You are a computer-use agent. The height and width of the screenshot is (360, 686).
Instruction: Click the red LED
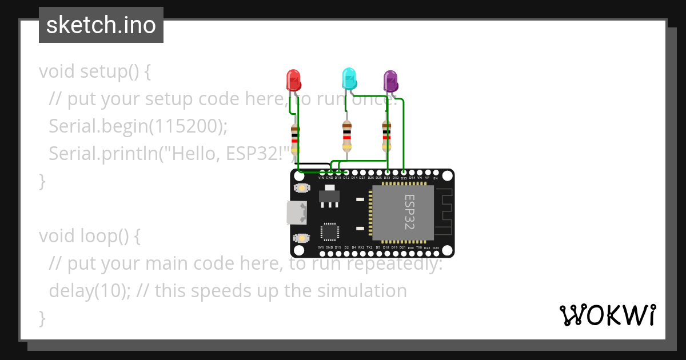point(293,80)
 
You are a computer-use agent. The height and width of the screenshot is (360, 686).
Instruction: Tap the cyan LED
point(349,78)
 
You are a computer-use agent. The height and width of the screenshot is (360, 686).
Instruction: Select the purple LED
point(390,81)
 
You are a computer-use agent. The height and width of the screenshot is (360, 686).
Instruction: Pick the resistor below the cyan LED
point(346,135)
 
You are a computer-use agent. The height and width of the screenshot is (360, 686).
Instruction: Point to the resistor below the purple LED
point(386,135)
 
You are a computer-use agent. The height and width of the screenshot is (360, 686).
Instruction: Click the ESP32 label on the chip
point(409,212)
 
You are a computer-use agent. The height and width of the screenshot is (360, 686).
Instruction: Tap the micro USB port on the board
point(296,213)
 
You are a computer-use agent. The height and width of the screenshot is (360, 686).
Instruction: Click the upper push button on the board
point(300,187)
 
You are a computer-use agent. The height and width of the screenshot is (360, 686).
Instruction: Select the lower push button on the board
point(300,238)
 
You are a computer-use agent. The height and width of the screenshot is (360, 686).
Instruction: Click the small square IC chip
point(329,231)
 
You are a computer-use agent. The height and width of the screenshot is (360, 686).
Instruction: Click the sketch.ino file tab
point(101,25)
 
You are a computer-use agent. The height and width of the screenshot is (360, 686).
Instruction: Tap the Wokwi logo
point(607,315)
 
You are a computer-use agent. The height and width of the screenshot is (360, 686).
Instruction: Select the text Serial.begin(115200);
point(138,126)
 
